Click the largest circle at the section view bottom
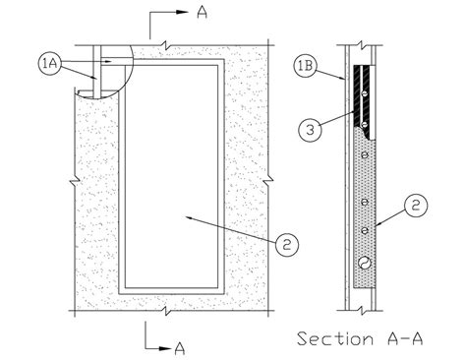[366, 263]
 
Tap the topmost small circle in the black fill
[365, 93]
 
